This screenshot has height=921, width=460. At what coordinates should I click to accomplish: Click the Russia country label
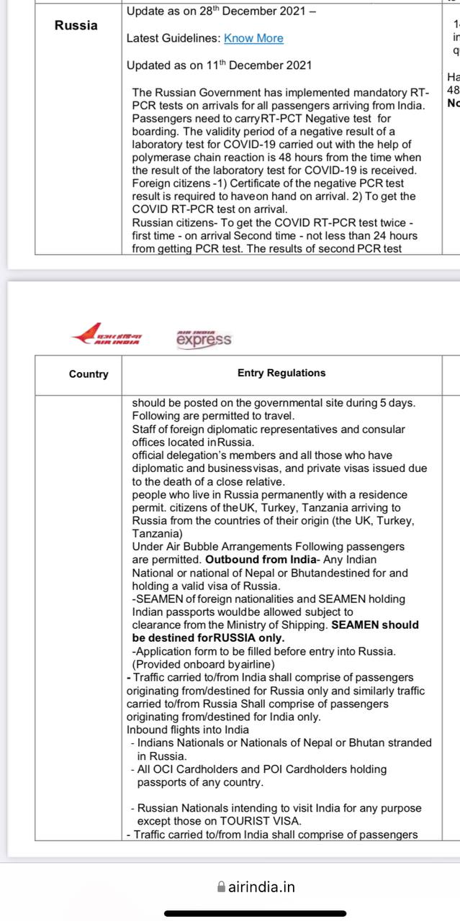click(76, 25)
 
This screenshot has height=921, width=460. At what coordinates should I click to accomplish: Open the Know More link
click(253, 38)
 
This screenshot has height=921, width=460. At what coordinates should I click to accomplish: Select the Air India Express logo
click(204, 338)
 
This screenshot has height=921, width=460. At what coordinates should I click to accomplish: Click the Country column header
click(89, 374)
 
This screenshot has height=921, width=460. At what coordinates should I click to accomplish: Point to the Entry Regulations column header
click(281, 373)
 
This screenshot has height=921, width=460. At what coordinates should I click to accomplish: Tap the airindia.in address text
click(261, 886)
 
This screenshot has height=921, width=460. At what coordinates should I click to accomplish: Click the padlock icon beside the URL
click(221, 887)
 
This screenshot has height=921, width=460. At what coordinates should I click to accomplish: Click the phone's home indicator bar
click(230, 913)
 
